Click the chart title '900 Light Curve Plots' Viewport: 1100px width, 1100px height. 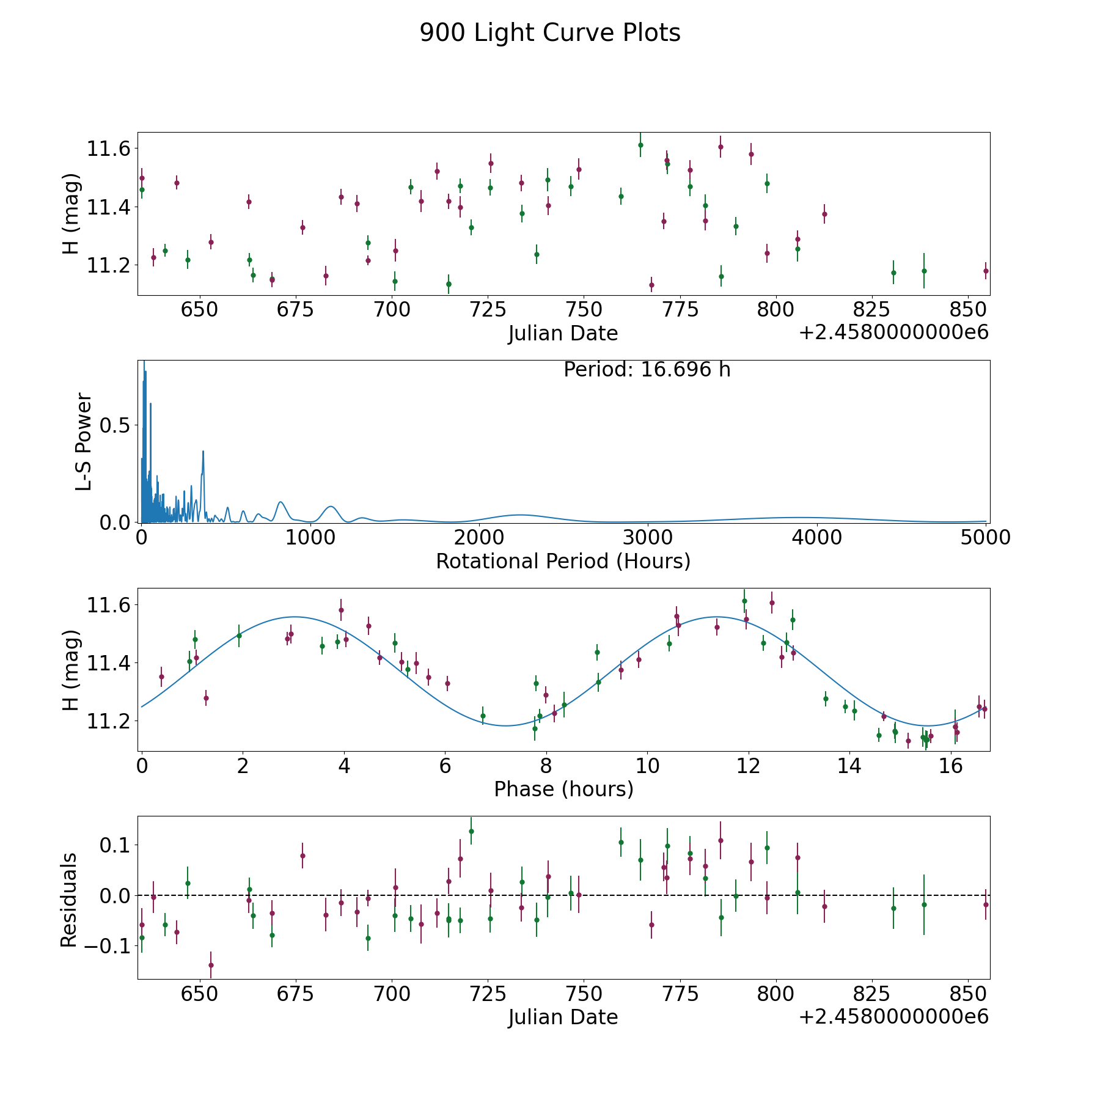550,33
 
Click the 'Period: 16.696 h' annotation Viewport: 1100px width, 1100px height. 647,370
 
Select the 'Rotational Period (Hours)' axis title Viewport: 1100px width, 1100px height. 563,561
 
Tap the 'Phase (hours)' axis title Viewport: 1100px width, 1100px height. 563,789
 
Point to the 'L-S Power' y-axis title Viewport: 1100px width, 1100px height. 84,441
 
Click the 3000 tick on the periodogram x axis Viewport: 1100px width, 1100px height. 647,538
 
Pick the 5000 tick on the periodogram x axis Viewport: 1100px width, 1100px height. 985,538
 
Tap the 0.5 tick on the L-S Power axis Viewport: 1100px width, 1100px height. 115,425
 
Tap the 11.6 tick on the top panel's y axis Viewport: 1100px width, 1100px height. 108,148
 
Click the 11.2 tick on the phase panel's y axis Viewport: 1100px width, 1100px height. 108,721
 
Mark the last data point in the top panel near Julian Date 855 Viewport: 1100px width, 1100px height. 985,271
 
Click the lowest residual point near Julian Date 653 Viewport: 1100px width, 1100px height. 211,966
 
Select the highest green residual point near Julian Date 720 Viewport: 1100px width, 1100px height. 471,831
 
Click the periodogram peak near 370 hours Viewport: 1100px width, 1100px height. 203,452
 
